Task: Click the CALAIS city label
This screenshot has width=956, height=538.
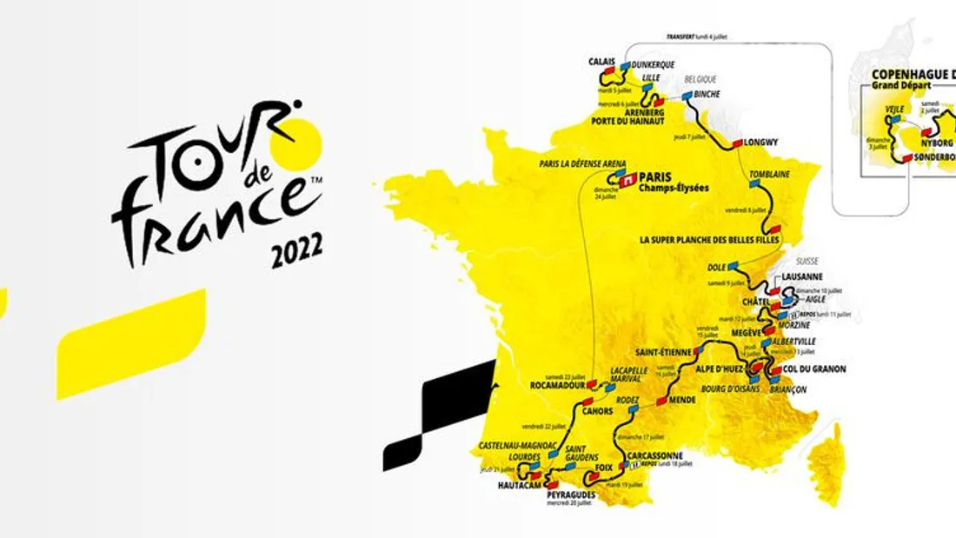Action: point(601,62)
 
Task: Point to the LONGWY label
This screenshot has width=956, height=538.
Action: point(761,142)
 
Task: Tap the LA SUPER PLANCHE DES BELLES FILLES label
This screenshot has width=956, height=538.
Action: point(708,240)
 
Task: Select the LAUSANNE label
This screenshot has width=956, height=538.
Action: point(802,276)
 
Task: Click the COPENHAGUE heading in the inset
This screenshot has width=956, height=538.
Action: point(908,73)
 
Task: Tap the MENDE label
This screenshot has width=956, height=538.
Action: point(684,402)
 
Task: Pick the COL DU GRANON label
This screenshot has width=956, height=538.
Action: point(813,369)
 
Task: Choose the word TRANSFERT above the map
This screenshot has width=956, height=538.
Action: point(683,37)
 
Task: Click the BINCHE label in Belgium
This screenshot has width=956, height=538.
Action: point(707,95)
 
